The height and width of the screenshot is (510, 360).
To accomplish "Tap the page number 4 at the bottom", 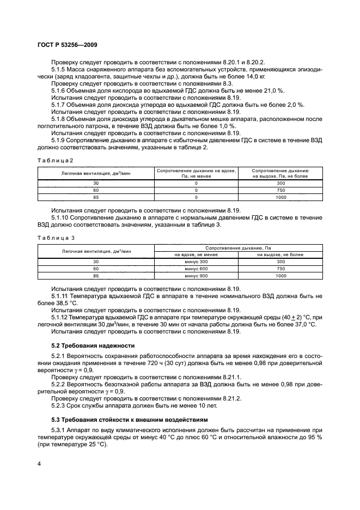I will point(39,463).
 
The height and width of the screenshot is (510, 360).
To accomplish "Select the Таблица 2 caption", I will point(55,160).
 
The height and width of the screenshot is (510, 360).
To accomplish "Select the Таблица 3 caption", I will point(55,238).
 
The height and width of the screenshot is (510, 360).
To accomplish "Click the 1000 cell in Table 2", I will point(280,198).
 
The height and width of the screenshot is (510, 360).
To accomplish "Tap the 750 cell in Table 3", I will point(280,269).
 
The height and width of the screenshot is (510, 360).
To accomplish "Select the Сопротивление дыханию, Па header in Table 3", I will point(239,248).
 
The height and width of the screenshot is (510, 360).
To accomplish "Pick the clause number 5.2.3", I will point(59,405).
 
